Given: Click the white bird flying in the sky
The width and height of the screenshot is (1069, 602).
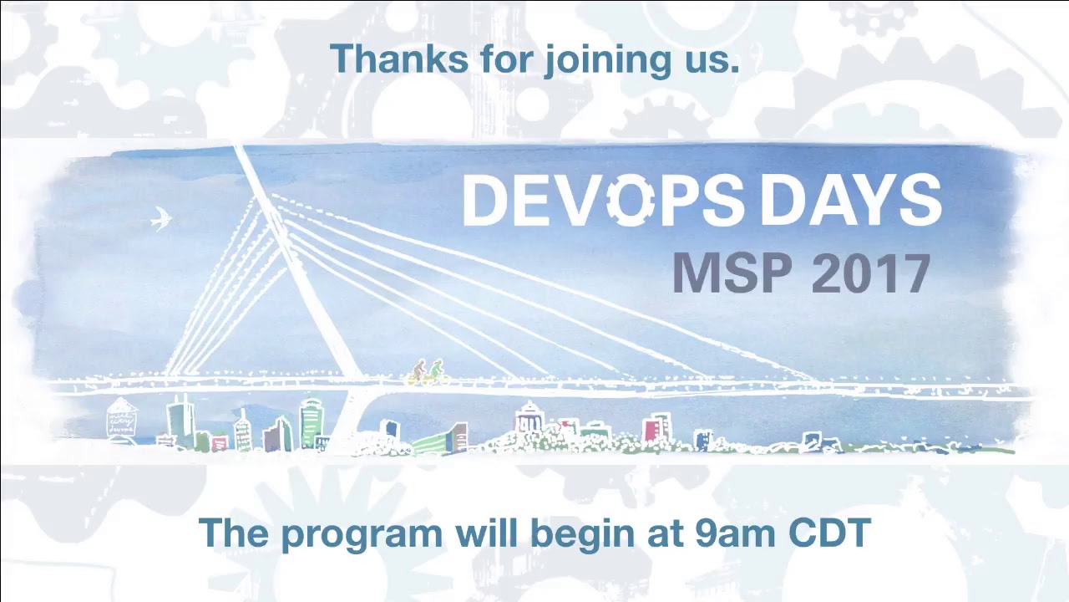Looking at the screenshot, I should click(x=160, y=218).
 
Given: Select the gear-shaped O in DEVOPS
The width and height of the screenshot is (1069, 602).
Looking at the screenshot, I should click(x=631, y=201).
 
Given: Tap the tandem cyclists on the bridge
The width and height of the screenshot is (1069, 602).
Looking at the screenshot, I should click(x=428, y=372).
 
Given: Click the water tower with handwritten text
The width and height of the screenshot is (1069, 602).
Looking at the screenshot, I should click(x=122, y=417).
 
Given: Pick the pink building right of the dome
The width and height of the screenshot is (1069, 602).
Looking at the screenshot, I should click(x=656, y=427).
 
